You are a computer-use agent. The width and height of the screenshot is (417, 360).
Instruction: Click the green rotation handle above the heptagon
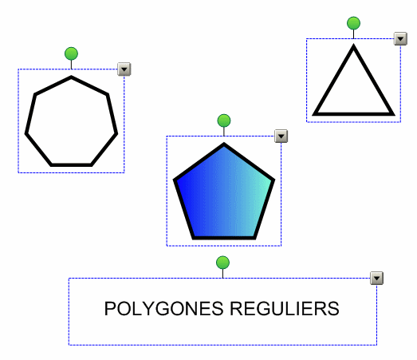click(x=71, y=53)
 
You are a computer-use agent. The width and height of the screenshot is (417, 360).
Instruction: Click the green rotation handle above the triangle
click(x=353, y=23)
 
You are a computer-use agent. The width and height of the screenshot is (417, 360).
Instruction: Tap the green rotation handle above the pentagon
click(x=224, y=121)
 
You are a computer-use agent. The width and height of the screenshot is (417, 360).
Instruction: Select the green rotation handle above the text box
click(x=223, y=263)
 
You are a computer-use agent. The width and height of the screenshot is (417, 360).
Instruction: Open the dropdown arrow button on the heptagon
click(x=124, y=69)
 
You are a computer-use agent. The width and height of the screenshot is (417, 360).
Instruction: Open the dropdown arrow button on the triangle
click(x=400, y=39)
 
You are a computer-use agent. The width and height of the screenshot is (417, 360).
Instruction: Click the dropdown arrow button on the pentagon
click(x=281, y=136)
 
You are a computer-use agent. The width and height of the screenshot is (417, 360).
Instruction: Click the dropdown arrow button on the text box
click(x=377, y=279)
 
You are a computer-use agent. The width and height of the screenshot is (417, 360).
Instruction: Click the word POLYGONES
click(x=163, y=309)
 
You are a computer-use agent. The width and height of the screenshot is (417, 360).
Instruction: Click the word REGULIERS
click(x=285, y=309)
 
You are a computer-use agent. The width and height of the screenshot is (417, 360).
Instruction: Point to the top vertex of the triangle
click(x=353, y=45)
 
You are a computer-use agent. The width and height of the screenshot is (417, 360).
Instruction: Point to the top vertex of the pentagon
click(x=224, y=144)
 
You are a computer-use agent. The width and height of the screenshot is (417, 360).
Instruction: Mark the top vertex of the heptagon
click(x=71, y=77)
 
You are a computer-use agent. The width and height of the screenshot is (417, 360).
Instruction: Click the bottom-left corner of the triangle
click(x=313, y=115)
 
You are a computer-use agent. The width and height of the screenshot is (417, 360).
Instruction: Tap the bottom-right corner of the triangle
click(x=394, y=115)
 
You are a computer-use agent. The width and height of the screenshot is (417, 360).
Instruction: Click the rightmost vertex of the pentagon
click(x=274, y=180)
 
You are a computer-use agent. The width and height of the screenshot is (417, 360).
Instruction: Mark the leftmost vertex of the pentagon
click(x=174, y=180)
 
